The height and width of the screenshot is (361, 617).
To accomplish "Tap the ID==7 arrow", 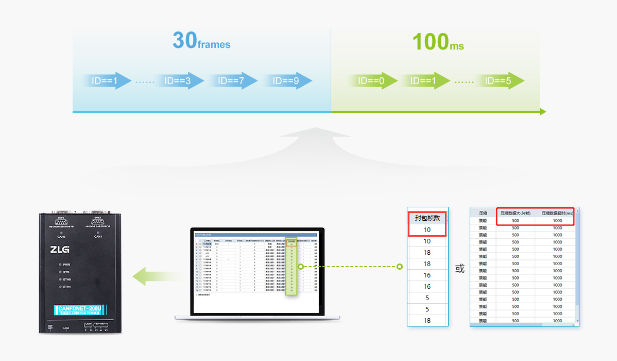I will point(232,81).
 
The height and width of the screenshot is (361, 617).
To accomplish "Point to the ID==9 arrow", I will point(287,81).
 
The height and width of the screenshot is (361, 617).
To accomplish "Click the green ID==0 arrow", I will point(372,81).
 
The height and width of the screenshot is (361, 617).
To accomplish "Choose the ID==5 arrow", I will point(500,81).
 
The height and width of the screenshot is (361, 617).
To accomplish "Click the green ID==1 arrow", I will point(424,81).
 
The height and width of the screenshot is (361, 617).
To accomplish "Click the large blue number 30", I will point(185,40).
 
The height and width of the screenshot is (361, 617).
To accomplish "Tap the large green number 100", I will point(431,41).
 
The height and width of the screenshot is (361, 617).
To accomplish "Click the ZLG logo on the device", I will point(60,250).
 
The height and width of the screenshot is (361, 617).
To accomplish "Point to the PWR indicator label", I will point(66,264).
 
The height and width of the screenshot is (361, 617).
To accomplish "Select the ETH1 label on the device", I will point(66,287).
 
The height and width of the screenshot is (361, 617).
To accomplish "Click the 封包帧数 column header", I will point(427,218).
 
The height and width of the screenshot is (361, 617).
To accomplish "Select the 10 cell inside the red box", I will point(427,229).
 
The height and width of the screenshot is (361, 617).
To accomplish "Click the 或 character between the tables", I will point(460,269).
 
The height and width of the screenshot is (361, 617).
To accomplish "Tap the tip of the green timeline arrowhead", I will point(545,111).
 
